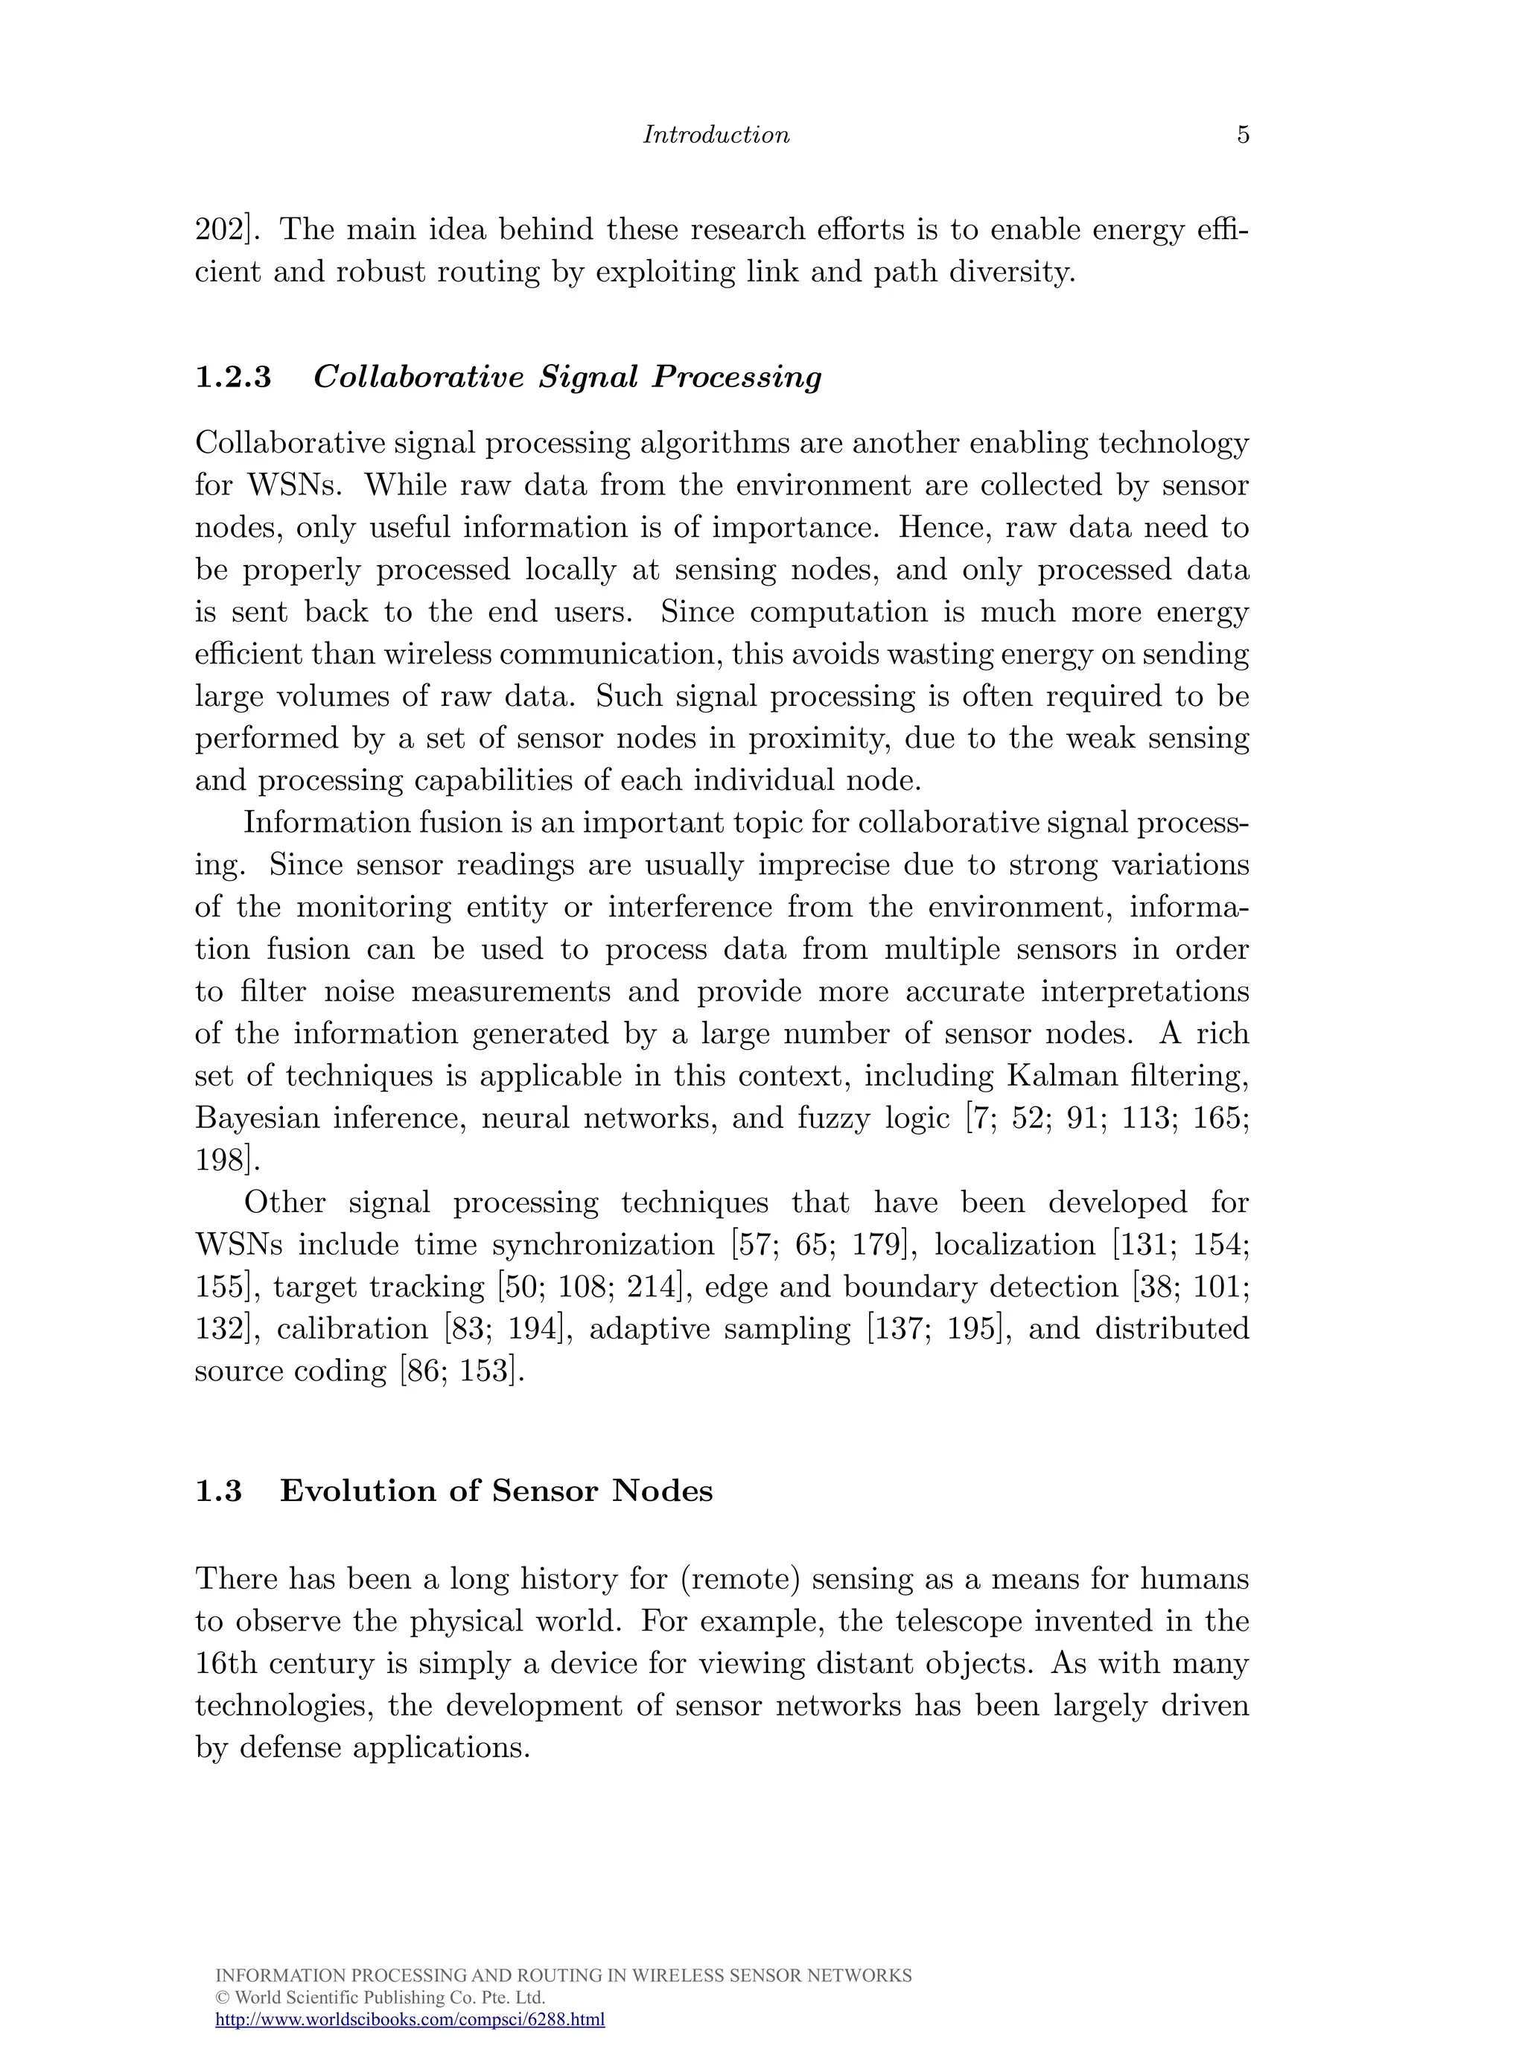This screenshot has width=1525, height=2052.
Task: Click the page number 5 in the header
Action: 1243,135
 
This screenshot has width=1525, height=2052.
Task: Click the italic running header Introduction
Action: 716,135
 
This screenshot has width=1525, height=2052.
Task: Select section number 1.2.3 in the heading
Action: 234,377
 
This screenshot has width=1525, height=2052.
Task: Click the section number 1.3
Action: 219,1491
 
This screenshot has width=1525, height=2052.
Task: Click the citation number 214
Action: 654,1287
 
